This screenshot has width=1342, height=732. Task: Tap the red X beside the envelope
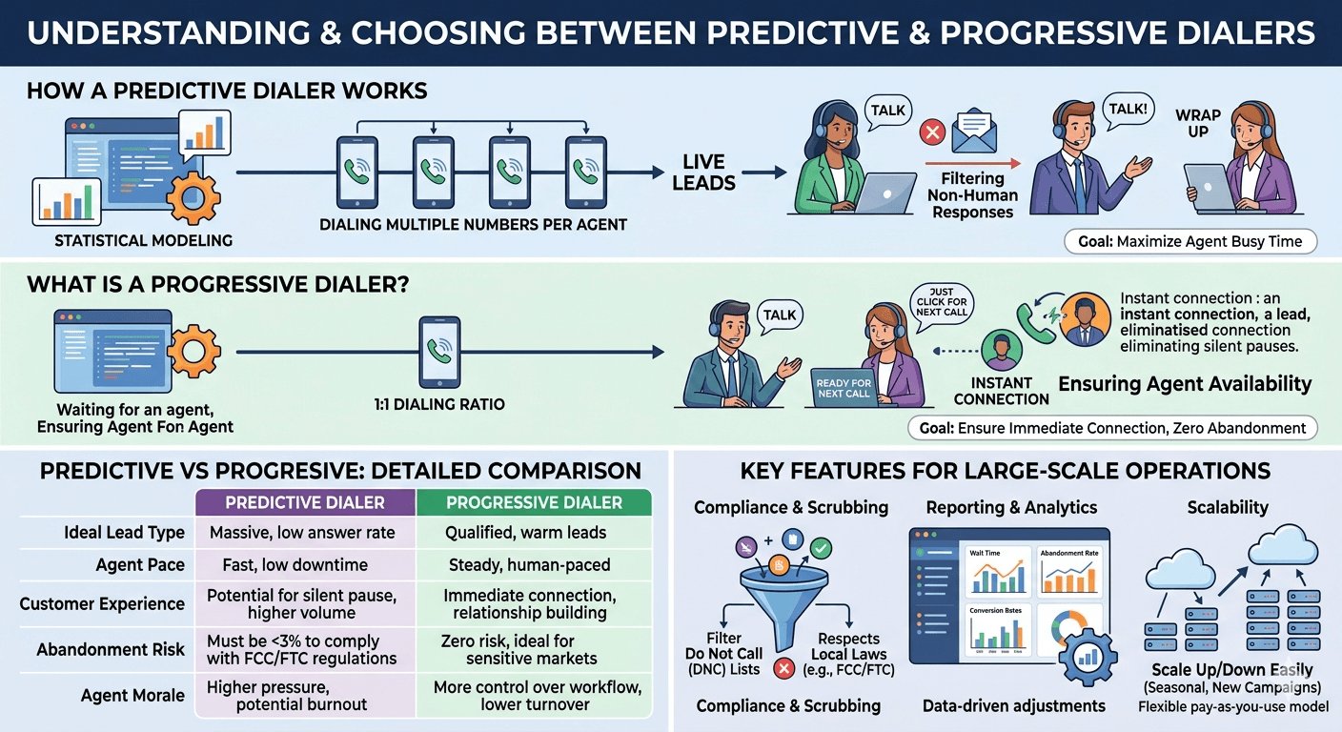(930, 131)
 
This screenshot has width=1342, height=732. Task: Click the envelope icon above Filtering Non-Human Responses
(973, 130)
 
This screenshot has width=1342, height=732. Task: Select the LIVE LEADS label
(703, 172)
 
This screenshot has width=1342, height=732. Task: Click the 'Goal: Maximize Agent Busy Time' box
(1189, 241)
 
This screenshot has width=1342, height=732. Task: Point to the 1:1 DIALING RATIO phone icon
(439, 352)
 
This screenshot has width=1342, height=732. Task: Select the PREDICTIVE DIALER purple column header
(305, 502)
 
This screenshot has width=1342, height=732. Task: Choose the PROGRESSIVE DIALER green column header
(534, 502)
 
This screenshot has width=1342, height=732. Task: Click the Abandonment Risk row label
(111, 650)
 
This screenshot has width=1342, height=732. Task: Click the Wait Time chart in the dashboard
(999, 572)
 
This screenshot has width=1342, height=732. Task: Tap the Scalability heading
(1227, 508)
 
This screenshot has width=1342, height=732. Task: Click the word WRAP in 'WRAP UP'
(1198, 115)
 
